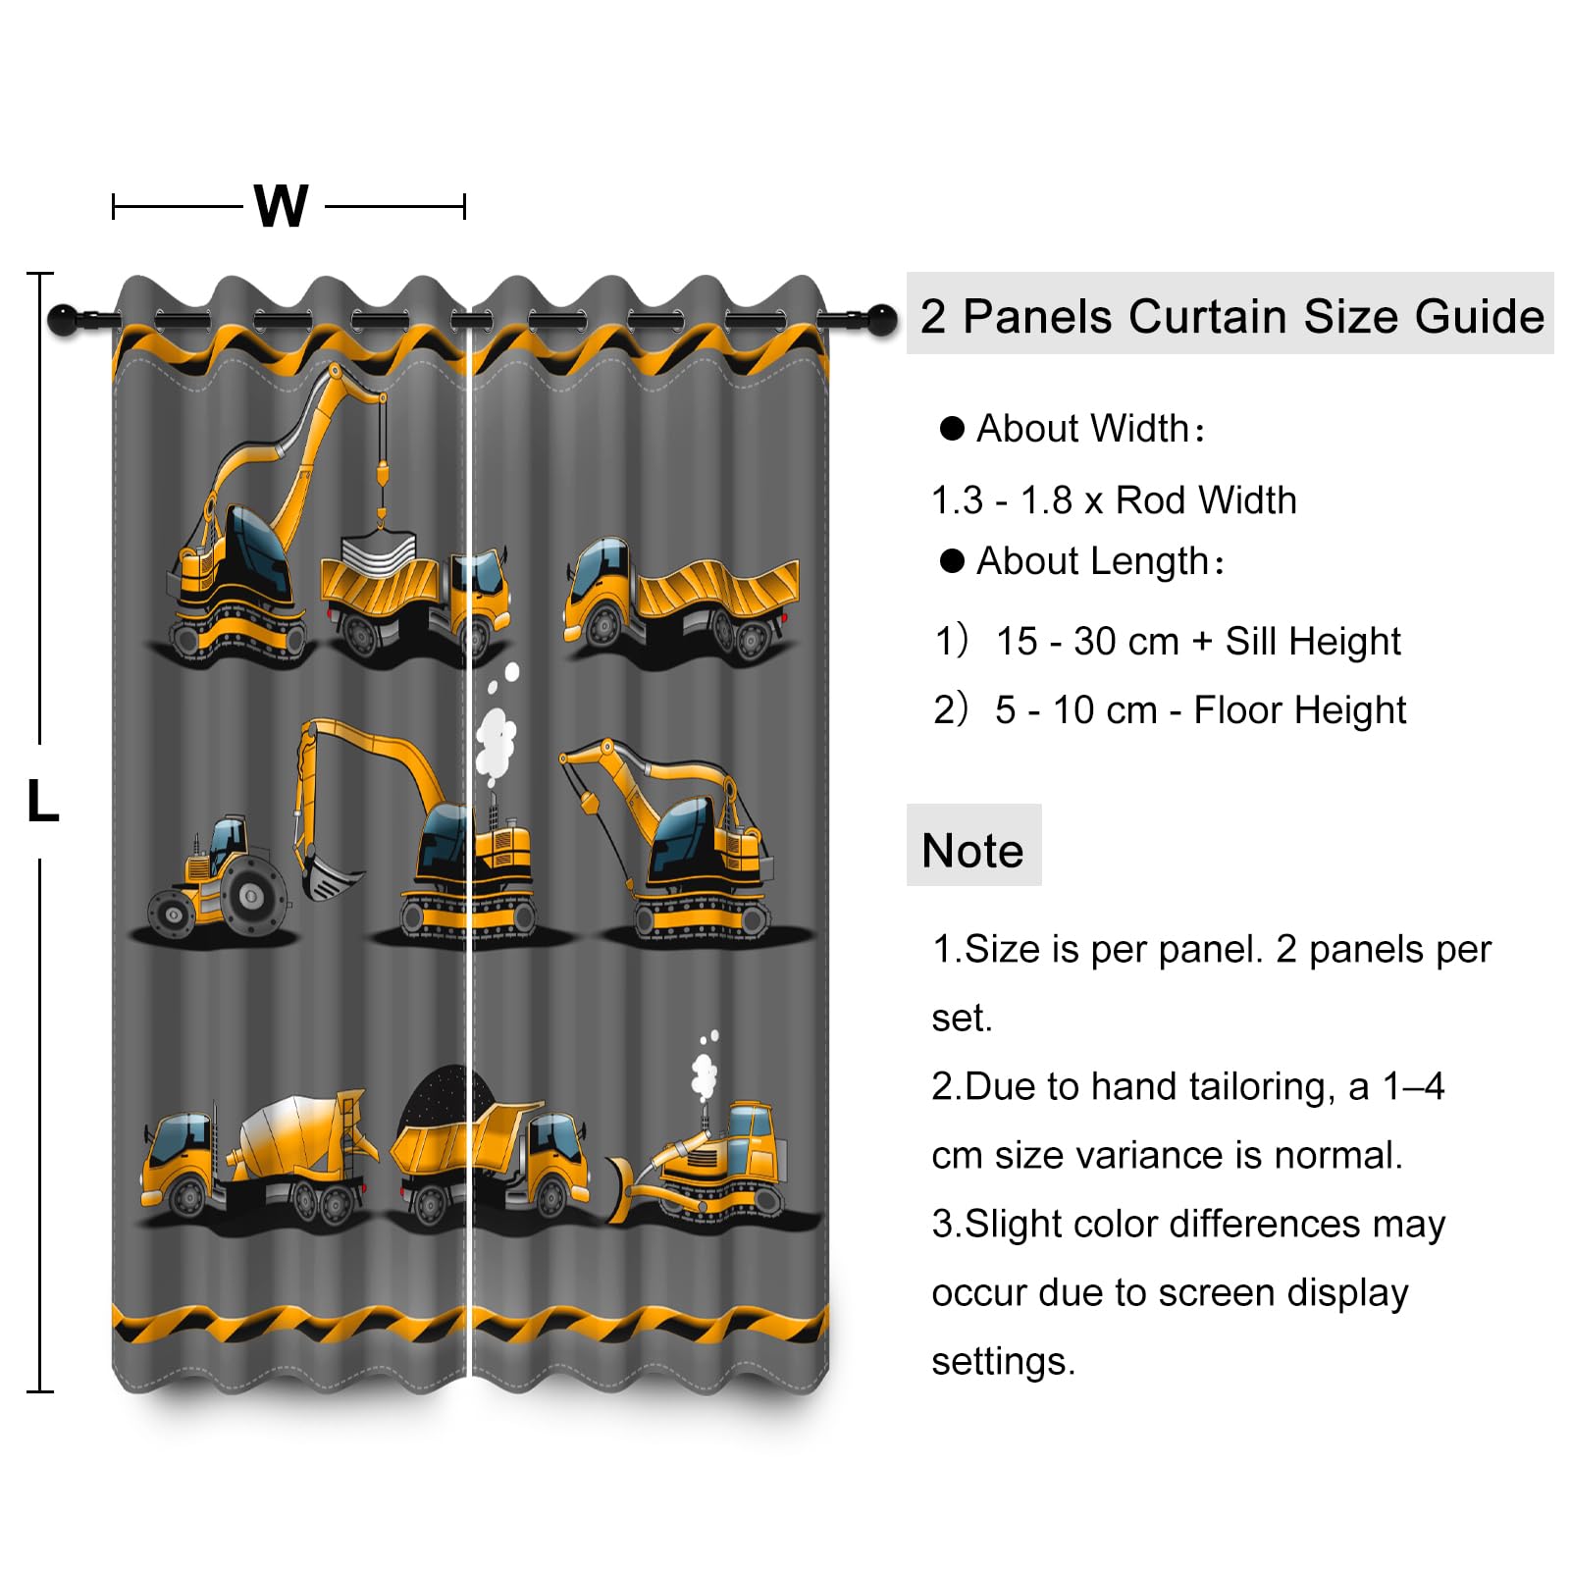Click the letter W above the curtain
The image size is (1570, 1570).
coord(282,206)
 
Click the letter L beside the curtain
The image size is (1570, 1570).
coord(43,801)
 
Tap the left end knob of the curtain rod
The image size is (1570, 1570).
coord(62,319)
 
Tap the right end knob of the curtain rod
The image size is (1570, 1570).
coord(882,319)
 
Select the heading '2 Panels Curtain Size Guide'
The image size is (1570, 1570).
coord(1231,316)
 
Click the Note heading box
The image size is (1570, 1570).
coord(973,846)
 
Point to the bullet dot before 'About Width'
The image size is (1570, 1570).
coord(952,428)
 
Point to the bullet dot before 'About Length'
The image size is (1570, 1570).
coord(952,560)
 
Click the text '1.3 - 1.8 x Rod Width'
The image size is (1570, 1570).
coord(1114,500)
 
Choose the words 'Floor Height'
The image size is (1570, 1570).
coord(1300,710)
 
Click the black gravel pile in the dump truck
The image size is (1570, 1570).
coord(445,1097)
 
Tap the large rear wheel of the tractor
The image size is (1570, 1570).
coord(253,894)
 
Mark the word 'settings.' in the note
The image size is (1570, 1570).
coord(1003,1362)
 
